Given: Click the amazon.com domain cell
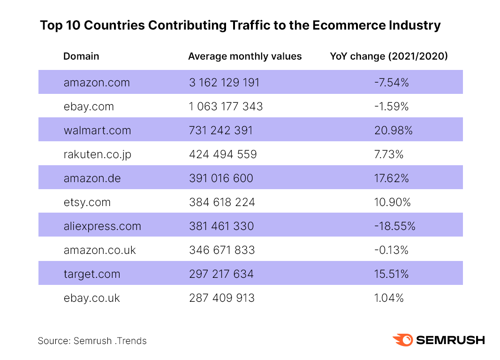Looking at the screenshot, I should (x=97, y=83).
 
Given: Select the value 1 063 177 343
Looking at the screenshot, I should (x=226, y=107).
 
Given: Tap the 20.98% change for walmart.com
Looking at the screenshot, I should (x=393, y=130).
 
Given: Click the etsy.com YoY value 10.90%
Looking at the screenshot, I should (x=392, y=202).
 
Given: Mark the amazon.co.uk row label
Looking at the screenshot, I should (x=100, y=250).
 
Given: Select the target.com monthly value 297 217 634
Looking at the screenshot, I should (x=221, y=274).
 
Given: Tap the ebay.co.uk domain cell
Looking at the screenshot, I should (x=92, y=298).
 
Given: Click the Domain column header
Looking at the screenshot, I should (x=81, y=56).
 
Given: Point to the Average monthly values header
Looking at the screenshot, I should (x=245, y=56).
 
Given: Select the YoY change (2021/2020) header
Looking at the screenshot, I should (x=389, y=56).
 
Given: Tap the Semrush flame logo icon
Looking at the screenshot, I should (x=402, y=340).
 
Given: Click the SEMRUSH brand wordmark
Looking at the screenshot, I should (x=450, y=340).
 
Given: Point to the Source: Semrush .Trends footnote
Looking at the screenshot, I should (x=92, y=341).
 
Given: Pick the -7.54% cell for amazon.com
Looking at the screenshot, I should (x=392, y=83).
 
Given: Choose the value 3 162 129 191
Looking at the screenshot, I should (x=224, y=83).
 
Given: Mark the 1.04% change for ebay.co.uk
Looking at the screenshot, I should (x=389, y=298).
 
